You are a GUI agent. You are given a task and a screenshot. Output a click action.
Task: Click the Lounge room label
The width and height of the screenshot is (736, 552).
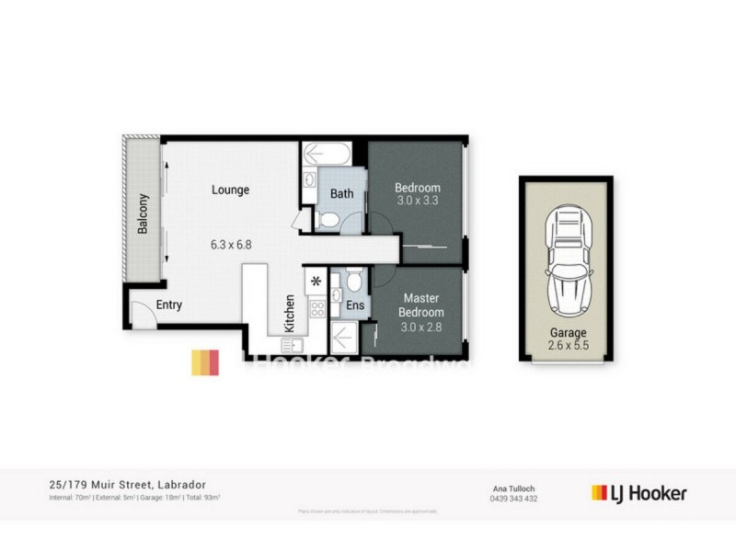point(231,190)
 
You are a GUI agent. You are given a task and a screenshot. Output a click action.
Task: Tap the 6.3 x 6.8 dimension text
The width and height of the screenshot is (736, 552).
point(230,245)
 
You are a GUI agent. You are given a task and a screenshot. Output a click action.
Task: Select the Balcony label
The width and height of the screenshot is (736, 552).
point(143,213)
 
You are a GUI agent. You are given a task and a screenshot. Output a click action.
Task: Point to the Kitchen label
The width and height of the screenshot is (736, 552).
point(290,312)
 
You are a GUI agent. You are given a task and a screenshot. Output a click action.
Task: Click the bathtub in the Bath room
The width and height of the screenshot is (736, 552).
point(333,152)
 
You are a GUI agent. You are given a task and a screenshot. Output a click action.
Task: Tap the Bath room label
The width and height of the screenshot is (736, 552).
point(342,194)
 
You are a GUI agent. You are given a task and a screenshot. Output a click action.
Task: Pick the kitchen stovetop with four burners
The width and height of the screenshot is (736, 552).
point(317,308)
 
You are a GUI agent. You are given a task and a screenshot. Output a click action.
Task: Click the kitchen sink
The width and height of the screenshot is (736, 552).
point(293,345)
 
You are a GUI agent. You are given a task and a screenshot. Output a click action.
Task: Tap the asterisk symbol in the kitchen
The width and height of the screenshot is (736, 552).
point(317,280)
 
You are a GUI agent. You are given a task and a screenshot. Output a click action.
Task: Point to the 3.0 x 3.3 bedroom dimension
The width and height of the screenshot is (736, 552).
point(419,200)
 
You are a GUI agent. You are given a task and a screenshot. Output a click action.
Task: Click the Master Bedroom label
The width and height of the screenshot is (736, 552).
point(420,305)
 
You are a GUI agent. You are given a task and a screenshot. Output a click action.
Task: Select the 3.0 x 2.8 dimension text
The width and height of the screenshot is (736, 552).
point(420,327)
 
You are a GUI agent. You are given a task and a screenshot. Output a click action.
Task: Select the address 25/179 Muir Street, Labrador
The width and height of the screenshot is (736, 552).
point(128,484)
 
